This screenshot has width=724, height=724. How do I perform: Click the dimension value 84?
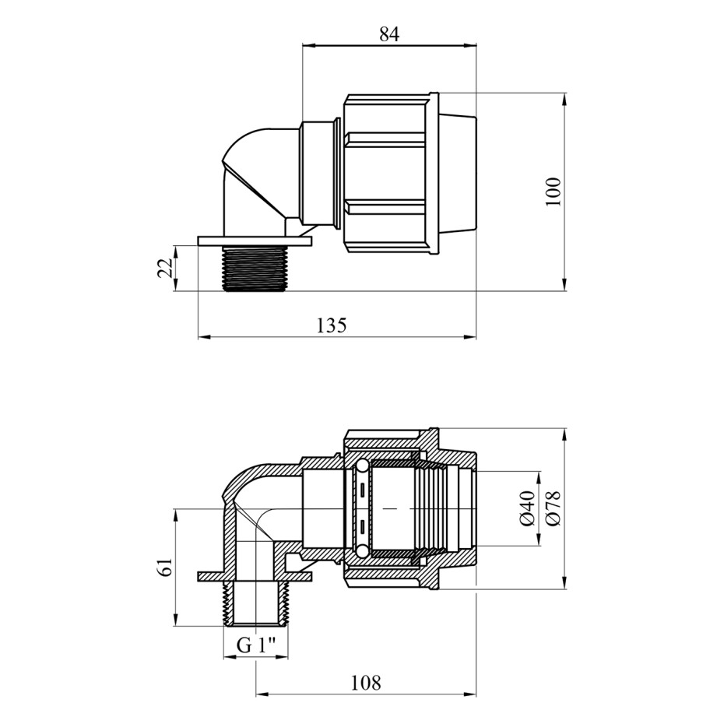point(388,34)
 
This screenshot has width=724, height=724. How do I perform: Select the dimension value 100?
point(554,192)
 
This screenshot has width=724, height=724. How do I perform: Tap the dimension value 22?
point(166,267)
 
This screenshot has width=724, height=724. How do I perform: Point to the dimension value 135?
point(331,325)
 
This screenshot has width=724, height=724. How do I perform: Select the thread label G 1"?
point(256,645)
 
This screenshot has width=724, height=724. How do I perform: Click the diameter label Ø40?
point(527,508)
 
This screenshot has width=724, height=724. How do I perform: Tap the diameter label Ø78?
point(554,508)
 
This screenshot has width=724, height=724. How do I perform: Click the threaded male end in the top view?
point(253,269)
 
